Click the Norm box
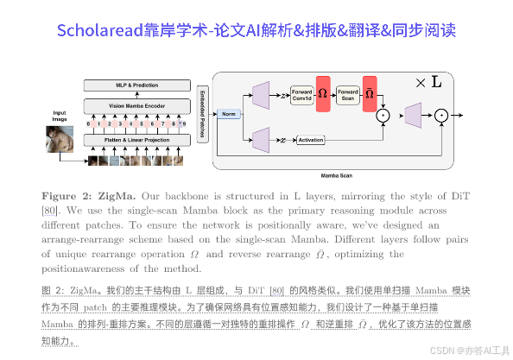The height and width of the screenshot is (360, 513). pyautogui.click(x=230, y=114)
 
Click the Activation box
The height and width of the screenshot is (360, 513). pyautogui.click(x=310, y=139)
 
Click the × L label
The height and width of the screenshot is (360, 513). pyautogui.click(x=428, y=83)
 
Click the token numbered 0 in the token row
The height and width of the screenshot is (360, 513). pyautogui.click(x=87, y=123)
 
